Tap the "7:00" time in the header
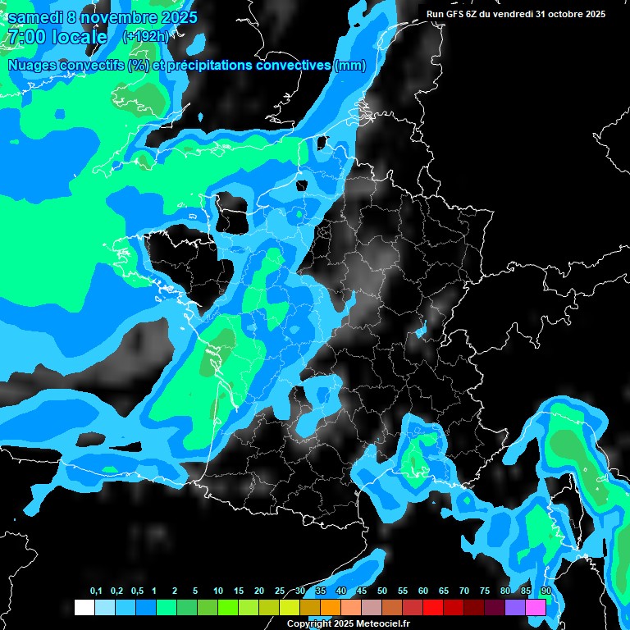(25, 37)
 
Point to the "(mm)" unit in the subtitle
(350, 66)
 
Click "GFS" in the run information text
(460, 14)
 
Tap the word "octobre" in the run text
(562, 14)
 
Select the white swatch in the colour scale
(84, 608)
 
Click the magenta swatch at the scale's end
(536, 608)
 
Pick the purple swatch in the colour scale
(515, 608)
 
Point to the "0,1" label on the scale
(96, 591)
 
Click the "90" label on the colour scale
(546, 591)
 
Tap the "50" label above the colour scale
(382, 591)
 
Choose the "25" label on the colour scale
(280, 591)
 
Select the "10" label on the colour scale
(218, 591)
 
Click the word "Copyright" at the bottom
(309, 624)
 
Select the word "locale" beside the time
(79, 37)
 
